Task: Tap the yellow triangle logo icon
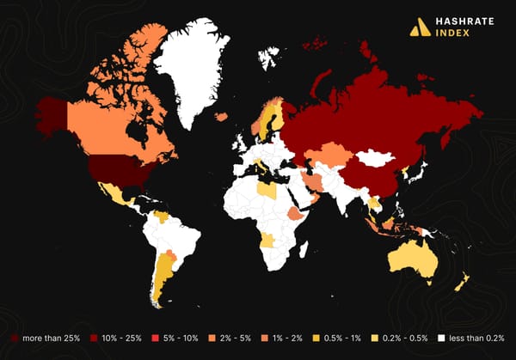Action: [420, 27]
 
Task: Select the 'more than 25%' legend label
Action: [51, 339]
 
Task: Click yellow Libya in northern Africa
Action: [268, 190]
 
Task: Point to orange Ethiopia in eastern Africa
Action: [296, 213]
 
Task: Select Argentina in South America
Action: [161, 275]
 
